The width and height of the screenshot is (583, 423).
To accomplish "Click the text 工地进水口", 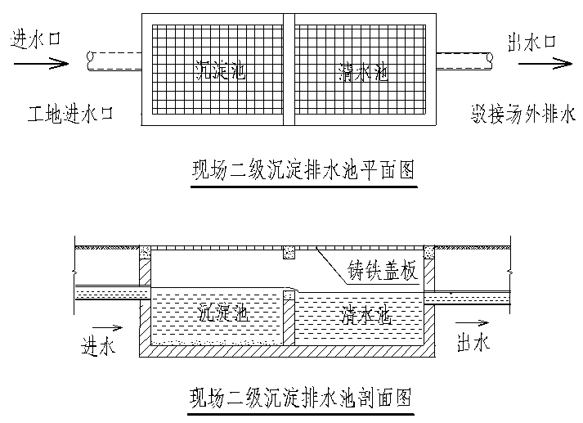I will point(67,114).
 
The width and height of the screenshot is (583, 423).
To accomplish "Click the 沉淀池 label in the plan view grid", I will point(222,72).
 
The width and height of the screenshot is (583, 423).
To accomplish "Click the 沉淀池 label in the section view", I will point(224,312).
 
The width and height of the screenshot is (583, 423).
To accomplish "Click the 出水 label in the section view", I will point(473,343).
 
